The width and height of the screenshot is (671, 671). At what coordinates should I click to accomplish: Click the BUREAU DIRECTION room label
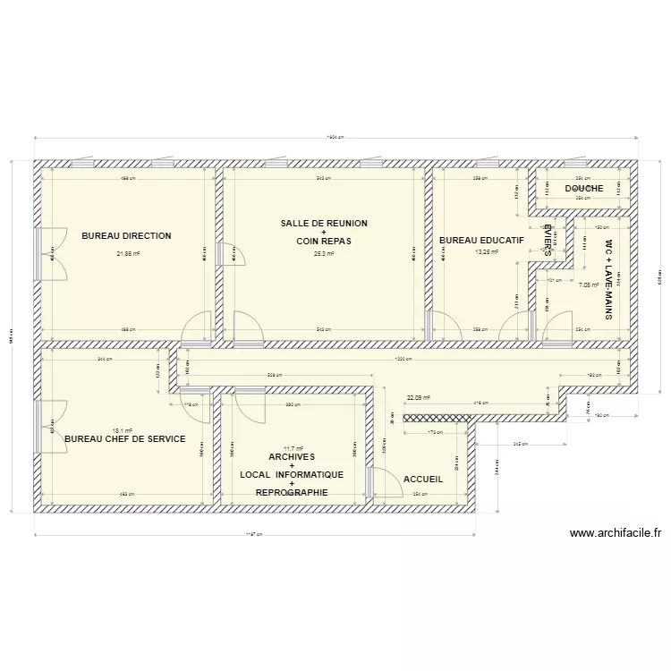pos(126,236)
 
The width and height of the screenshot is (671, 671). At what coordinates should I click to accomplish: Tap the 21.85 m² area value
pos(128,253)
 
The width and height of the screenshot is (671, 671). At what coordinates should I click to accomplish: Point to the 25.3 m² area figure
pos(324,253)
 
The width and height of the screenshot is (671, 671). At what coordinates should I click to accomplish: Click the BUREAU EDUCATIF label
pos(481,240)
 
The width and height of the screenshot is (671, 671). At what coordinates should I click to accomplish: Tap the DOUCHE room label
pos(583,189)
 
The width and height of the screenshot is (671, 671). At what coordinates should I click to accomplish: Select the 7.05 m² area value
pos(589,285)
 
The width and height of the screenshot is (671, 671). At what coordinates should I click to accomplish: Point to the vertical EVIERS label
pos(548,240)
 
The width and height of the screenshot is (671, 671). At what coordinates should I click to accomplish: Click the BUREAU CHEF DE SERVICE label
pos(125,439)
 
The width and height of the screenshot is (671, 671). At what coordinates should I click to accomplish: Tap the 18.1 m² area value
pos(123,429)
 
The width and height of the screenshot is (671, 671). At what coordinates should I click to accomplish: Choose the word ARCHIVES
pos(292,456)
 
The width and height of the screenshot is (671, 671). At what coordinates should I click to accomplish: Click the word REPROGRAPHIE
pos(292,492)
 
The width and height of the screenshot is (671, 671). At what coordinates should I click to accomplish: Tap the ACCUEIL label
pos(423,480)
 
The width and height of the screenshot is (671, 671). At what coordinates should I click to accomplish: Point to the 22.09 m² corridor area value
pos(418,398)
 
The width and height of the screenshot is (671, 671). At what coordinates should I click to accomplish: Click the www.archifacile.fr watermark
pos(615,534)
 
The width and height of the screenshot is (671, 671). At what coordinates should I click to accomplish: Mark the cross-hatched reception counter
pos(437,417)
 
